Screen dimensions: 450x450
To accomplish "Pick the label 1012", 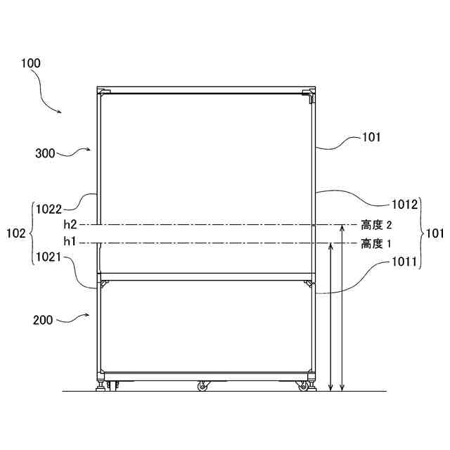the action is tap(405, 205).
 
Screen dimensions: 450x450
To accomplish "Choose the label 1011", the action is tap(406, 262).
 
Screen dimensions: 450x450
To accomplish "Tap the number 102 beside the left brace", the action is tap(15, 233).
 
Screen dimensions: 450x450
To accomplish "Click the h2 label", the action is tap(70, 225).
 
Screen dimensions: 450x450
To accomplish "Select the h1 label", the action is tap(70, 242).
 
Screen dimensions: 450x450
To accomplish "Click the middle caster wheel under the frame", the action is tap(203, 385).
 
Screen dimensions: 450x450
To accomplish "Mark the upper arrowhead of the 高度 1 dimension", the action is tap(330, 245).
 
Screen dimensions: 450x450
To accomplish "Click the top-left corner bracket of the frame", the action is tap(103, 92).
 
